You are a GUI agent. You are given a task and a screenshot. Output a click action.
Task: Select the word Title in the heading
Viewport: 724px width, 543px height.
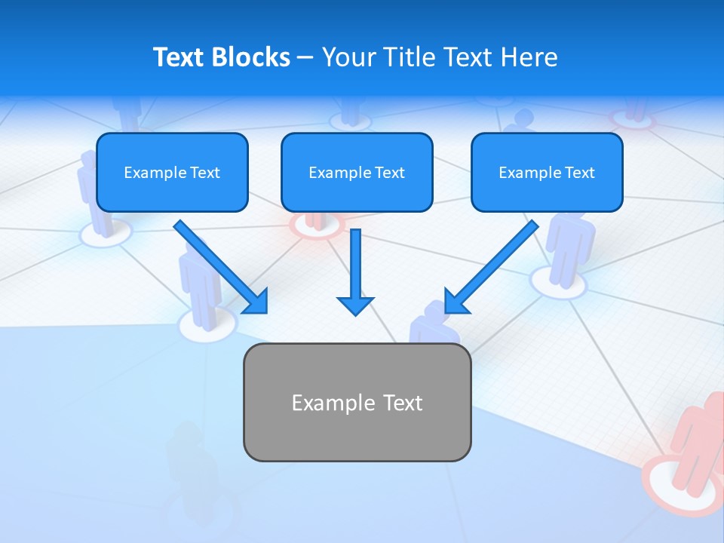click(413, 57)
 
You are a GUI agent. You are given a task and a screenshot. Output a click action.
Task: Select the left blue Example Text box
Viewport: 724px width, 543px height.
click(172, 173)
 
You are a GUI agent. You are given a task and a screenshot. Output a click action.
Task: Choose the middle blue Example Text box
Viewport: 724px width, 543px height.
click(357, 173)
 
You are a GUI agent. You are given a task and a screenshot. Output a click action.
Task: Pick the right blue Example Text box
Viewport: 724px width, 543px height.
click(547, 173)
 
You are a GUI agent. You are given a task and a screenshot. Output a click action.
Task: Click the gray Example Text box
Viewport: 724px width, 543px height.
click(357, 403)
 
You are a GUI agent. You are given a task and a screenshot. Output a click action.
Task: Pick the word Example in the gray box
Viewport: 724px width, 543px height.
click(323, 403)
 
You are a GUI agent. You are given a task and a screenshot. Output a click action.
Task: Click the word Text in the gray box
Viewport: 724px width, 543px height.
click(403, 403)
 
